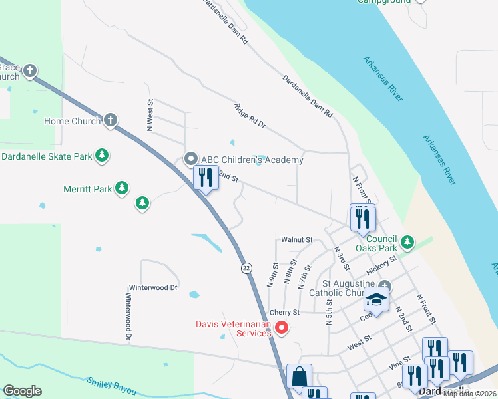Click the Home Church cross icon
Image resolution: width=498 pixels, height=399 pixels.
[111, 120]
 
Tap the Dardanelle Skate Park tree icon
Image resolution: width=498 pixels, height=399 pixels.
[101, 156]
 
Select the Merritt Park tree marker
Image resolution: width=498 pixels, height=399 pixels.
[122, 188]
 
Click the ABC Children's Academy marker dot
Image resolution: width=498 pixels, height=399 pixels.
[191, 159]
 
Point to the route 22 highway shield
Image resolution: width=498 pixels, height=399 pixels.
[246, 267]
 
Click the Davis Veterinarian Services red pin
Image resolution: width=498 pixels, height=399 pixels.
[282, 327]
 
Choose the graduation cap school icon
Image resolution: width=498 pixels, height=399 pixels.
[376, 301]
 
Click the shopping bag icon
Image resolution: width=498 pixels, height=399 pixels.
[299, 376]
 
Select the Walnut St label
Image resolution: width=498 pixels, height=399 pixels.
[297, 239]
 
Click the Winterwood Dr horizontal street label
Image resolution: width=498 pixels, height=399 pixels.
[153, 288]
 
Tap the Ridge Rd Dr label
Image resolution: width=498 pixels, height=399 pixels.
[250, 116]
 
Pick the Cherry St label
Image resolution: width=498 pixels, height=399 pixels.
[286, 312]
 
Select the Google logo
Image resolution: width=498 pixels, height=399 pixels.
[22, 391]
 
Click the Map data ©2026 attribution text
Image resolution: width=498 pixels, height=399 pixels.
[470, 394]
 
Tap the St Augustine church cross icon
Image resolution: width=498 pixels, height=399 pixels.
[384, 287]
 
